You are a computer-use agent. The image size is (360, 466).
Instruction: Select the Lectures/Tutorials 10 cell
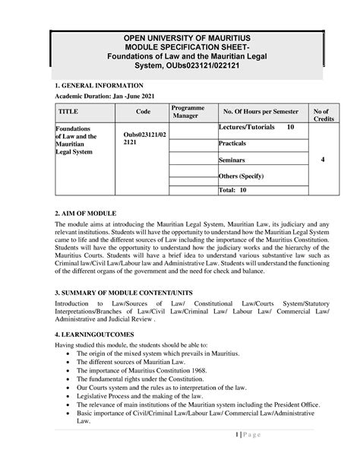coord(257,127)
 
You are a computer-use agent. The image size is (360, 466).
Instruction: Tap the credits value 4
coord(323,160)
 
